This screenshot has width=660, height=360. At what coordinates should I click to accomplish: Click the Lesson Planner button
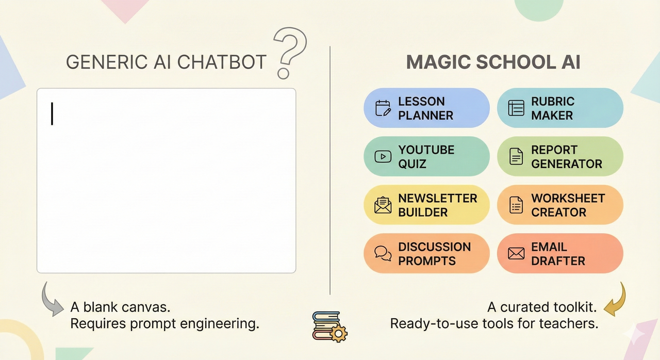coord(426,108)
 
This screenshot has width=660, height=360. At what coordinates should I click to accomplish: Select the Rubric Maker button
coord(560,108)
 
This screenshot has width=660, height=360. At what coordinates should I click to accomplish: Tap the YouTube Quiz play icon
coord(383,156)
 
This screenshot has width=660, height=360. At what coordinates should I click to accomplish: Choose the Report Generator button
coord(560,156)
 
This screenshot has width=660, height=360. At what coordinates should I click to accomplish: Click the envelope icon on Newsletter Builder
coord(383,205)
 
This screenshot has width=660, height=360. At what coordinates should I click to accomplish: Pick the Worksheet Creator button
coord(560,205)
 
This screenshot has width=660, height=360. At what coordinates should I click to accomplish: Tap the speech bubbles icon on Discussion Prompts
coord(383,253)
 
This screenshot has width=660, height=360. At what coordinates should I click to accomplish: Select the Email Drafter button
coord(560,253)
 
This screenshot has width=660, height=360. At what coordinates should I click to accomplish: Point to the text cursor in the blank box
coord(52,113)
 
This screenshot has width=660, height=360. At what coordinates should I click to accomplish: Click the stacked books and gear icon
coord(329,326)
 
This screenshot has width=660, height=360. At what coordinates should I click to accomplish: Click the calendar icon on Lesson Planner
coord(383,108)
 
